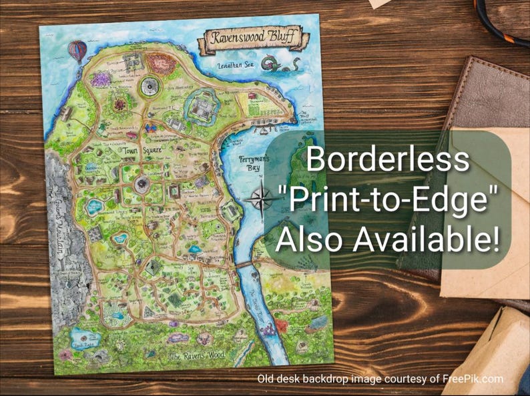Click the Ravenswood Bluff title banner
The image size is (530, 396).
pos(251,41)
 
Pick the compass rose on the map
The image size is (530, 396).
pos(261,197)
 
